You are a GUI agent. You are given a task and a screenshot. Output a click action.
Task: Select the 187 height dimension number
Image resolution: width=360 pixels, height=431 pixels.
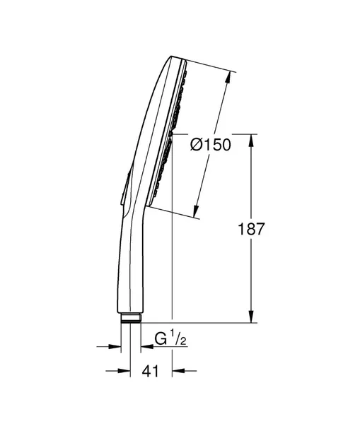[252, 228]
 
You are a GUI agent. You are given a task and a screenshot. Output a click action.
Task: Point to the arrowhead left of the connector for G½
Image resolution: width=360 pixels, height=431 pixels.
[114, 347]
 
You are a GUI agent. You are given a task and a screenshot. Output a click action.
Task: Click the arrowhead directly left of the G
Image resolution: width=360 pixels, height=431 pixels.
[147, 347]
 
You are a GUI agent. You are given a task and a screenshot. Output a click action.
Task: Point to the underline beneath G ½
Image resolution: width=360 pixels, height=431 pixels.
[170, 348]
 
